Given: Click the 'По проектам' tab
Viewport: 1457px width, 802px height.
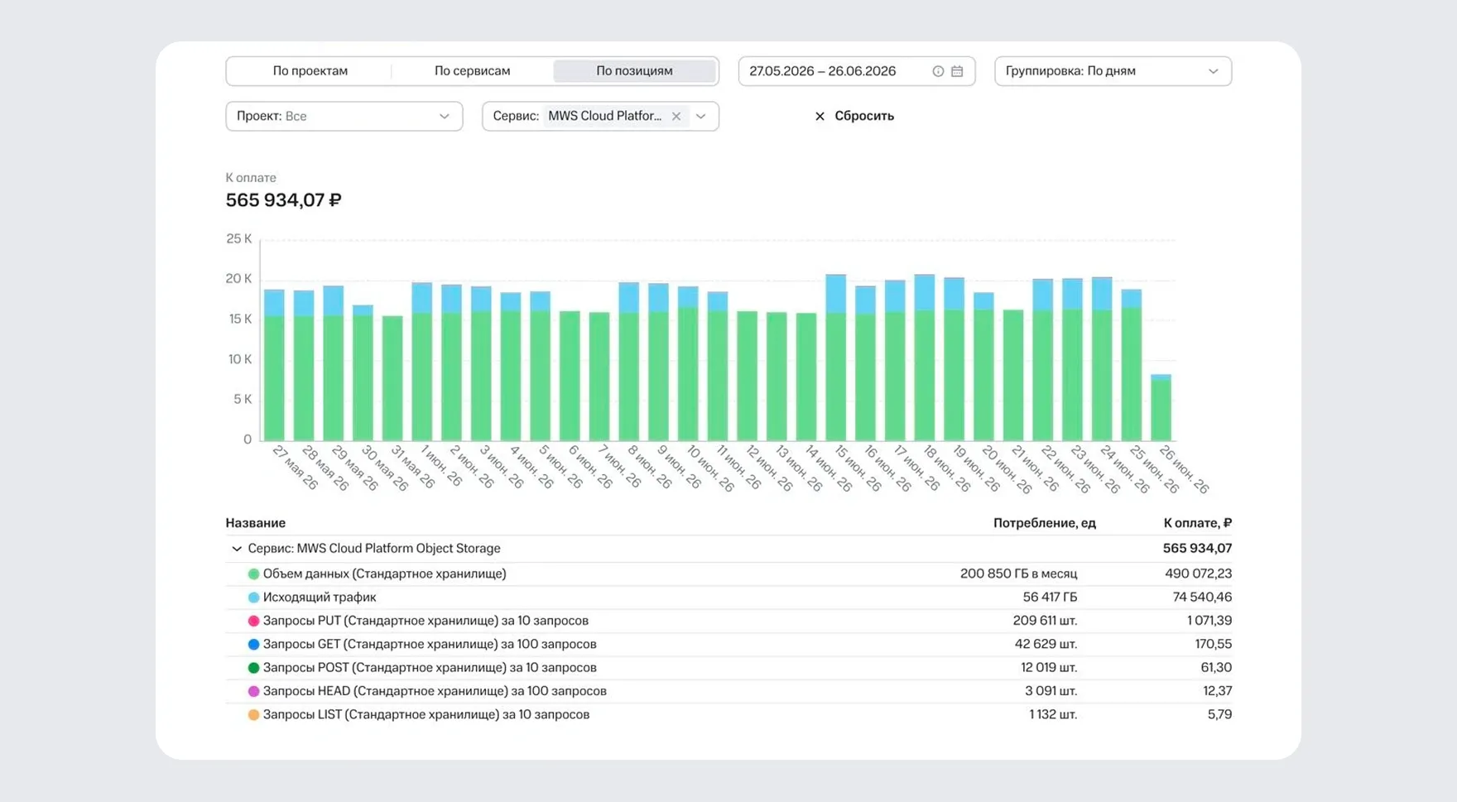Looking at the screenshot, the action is point(310,71).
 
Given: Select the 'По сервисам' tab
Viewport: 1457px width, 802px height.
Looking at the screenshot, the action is point(472,71).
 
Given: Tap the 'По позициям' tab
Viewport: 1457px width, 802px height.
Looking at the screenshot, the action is point(634,71).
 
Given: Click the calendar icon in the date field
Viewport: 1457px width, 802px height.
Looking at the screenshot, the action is point(957,71).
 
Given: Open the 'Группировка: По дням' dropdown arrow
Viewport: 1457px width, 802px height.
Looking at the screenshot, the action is point(1213,71).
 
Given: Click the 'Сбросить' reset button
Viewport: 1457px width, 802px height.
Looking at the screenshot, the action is point(854,116).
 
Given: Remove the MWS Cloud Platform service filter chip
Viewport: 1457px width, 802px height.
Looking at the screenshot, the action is point(676,116).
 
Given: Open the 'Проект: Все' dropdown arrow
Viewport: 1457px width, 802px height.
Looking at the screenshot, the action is point(444,116).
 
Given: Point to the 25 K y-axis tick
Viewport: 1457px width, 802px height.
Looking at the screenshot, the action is point(239,238).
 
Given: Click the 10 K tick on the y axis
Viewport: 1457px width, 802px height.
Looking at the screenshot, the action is point(239,359).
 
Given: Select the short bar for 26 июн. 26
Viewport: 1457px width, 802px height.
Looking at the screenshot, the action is point(1161,407).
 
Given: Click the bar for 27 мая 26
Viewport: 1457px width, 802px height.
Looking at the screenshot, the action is point(274,365).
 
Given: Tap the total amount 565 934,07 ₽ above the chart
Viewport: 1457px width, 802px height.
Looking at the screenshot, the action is point(283,200).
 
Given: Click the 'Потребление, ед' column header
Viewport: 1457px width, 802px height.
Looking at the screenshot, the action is point(1044,523).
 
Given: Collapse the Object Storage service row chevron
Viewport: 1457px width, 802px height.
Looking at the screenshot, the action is point(237,548).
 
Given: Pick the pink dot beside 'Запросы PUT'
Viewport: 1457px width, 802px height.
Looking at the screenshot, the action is point(253,621).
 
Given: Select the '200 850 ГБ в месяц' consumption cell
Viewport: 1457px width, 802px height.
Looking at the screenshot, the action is point(1018,574).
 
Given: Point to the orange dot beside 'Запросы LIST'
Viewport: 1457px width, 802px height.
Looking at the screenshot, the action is point(253,714).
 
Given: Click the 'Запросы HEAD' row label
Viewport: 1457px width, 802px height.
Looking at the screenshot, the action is point(435,691).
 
